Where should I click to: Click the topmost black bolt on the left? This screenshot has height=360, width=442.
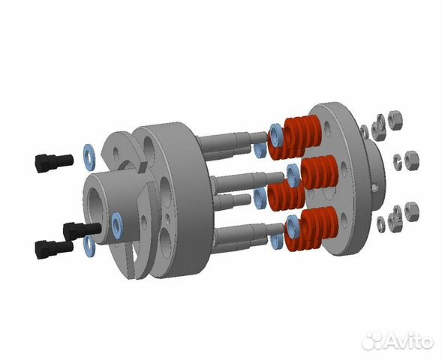click(53, 160)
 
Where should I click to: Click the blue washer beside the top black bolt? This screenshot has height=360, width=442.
click(88, 152)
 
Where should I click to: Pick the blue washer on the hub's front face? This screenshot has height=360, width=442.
click(117, 220)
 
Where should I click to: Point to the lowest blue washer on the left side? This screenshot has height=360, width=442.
click(89, 244)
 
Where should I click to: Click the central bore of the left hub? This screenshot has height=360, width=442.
click(100, 196)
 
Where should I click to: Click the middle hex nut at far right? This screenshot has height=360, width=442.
click(412, 160)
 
